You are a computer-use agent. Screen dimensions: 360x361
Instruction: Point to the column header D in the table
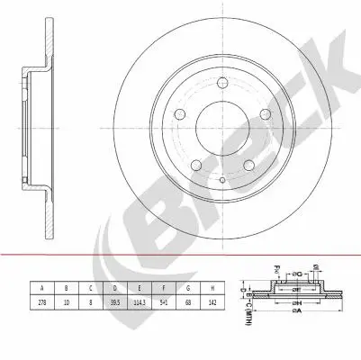click(113, 288)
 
